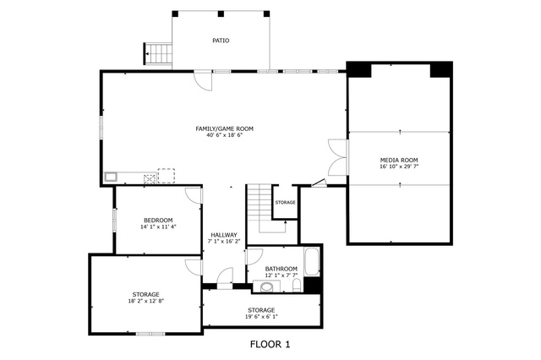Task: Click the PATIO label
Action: point(221,41)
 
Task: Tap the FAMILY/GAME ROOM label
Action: point(225,129)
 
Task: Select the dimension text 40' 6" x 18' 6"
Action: point(225,135)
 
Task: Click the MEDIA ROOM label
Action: point(399,160)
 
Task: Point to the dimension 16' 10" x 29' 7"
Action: point(399,166)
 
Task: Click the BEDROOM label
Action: point(158,221)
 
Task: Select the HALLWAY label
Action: point(224,235)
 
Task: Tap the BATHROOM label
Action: point(281,269)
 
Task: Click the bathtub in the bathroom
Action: point(312,262)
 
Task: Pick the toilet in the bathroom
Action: point(297,286)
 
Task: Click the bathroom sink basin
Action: point(266,286)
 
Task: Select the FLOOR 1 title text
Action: point(270,344)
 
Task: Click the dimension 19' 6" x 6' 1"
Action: point(261,317)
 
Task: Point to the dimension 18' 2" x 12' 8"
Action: point(145,301)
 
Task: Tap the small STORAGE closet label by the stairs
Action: point(286,203)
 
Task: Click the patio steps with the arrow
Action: point(158,53)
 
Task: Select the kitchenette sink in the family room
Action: point(111,177)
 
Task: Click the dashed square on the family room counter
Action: point(167,176)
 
